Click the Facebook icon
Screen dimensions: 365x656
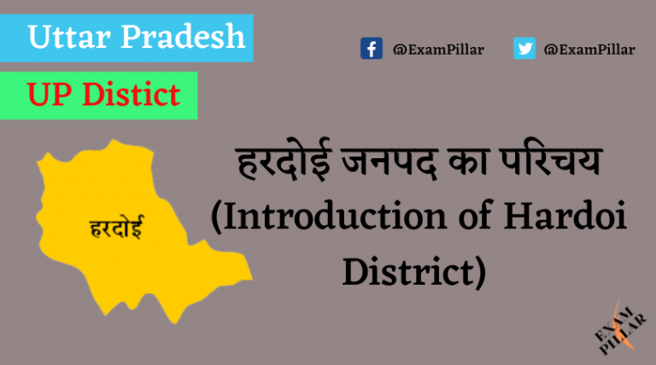click(371, 49)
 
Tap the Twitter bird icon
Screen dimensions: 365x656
click(524, 49)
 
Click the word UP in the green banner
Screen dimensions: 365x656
click(50, 95)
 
